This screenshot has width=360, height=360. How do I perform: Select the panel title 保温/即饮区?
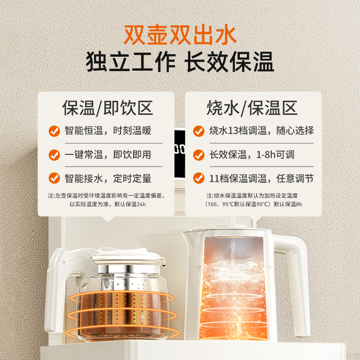coord(108,108)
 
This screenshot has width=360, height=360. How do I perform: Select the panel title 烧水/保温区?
coord(252,108)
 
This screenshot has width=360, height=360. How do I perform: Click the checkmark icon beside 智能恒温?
coord(54,131)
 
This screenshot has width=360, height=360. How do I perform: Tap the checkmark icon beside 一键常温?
coord(54,155)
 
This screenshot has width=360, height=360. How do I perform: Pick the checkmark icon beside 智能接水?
coord(54,178)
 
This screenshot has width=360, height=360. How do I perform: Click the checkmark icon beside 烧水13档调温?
coord(198,131)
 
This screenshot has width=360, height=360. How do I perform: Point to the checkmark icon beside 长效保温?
coord(198,155)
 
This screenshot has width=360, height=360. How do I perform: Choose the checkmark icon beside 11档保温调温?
coord(198,178)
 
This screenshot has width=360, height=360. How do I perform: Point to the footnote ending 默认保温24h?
coord(107,204)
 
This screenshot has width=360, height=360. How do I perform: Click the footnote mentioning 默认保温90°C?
coord(252,204)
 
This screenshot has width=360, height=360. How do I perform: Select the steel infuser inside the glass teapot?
coord(119,297)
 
